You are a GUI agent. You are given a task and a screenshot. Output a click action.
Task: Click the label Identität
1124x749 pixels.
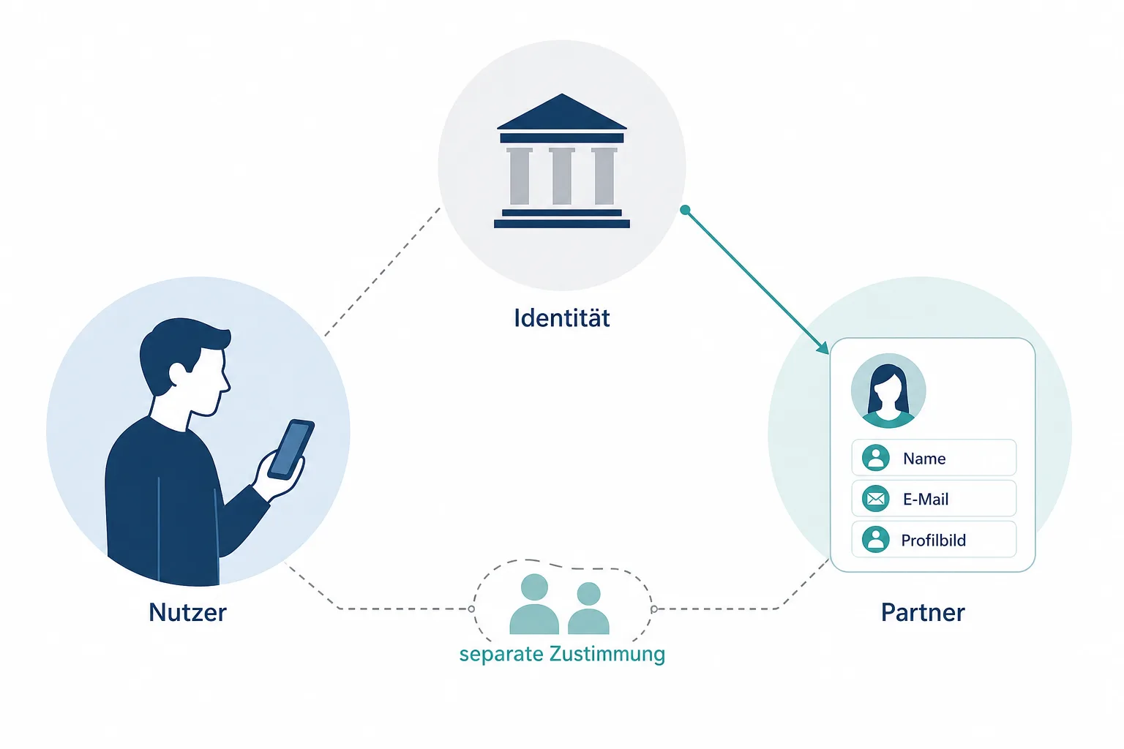(x=561, y=318)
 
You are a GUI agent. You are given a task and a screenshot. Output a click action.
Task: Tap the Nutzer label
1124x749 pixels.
(x=187, y=612)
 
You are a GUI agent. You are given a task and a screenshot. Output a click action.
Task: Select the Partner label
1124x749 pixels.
(x=923, y=612)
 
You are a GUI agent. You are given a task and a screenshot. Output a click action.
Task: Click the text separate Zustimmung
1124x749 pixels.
(x=562, y=654)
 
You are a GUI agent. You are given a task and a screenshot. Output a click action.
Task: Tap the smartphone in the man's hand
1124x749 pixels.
(x=291, y=449)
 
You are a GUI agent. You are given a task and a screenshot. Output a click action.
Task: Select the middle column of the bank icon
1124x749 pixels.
(x=561, y=176)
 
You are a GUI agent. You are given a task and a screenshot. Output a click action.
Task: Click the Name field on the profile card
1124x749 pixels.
(x=934, y=458)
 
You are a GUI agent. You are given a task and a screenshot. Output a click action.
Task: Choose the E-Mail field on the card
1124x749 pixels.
(x=934, y=498)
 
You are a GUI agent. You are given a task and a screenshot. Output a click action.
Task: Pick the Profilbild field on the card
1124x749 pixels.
(x=934, y=539)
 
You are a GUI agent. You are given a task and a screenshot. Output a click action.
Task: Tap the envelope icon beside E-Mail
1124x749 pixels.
(x=876, y=499)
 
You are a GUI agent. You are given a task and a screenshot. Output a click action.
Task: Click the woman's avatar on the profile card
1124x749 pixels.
(x=888, y=391)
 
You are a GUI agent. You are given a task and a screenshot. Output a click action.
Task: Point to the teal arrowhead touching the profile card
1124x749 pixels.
(x=823, y=347)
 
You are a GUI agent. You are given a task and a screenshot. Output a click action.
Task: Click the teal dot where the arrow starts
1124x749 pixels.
(x=686, y=210)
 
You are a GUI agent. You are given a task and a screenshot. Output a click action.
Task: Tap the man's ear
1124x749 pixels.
(x=177, y=374)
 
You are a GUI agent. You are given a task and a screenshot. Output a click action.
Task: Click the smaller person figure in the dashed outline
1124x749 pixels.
(x=588, y=609)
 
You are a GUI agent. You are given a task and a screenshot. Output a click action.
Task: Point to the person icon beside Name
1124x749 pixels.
(x=876, y=458)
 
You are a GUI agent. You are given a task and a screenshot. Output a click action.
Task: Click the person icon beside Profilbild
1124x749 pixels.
(x=876, y=539)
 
